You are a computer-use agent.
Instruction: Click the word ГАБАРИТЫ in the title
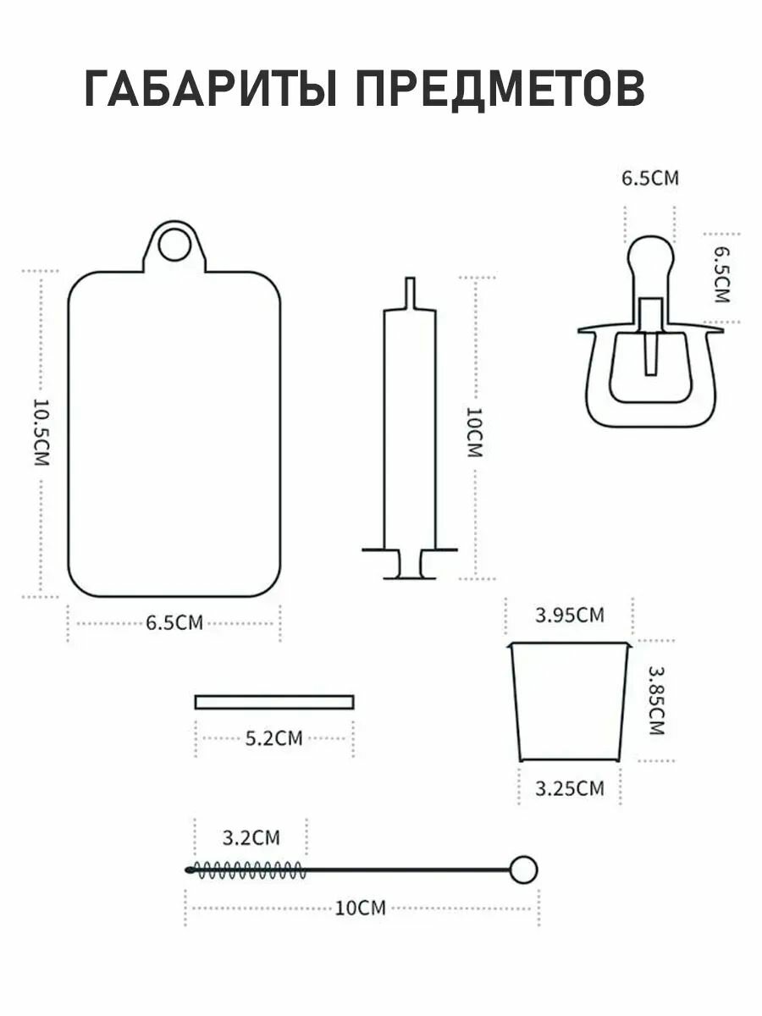point(210,89)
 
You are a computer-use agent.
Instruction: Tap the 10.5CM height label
point(41,432)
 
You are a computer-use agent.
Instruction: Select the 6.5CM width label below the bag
point(174,622)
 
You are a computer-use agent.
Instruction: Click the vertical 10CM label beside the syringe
point(475,433)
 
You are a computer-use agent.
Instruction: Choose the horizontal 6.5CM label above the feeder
point(649,179)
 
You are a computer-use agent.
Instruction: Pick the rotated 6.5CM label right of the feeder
point(721,275)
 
